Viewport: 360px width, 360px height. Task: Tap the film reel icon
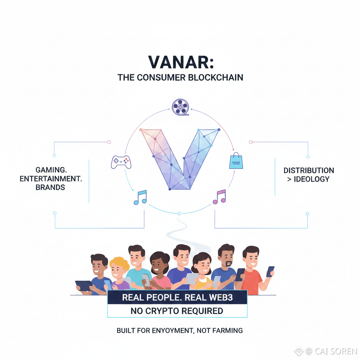[x=180, y=106]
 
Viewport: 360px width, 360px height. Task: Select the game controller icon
[x=120, y=162]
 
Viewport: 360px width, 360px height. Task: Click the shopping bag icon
[x=235, y=161]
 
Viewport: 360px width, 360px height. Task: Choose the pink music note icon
[x=219, y=197]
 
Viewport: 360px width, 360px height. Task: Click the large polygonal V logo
[x=180, y=158]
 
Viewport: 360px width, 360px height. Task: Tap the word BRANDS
[x=50, y=187]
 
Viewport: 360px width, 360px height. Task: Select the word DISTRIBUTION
[x=309, y=171]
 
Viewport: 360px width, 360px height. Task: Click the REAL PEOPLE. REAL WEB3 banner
[x=177, y=297]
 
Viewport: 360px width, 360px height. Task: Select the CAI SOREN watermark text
[x=331, y=351]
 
